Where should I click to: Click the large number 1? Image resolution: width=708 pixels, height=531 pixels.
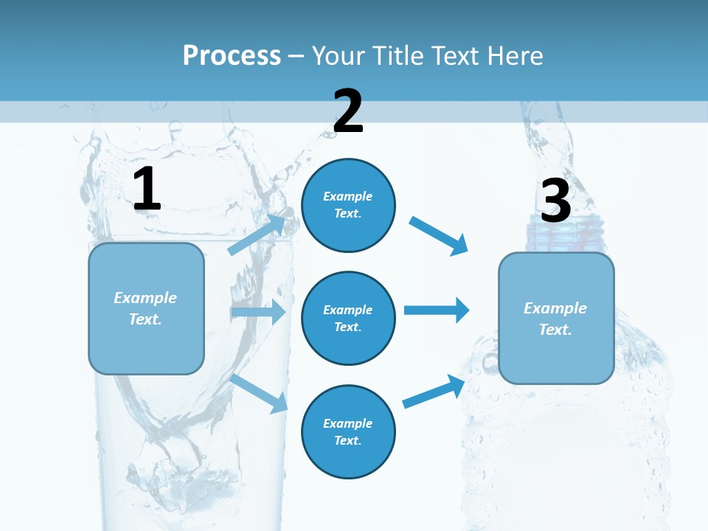pyautogui.click(x=147, y=190)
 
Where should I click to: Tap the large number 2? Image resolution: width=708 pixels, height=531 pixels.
pyautogui.click(x=348, y=111)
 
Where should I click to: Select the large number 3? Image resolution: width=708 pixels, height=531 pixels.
pyautogui.click(x=556, y=201)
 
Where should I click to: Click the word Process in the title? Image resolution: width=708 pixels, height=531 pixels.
pyautogui.click(x=232, y=55)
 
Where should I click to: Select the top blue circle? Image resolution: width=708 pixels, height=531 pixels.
pyautogui.click(x=348, y=205)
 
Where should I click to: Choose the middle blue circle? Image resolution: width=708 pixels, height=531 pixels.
pyautogui.click(x=348, y=318)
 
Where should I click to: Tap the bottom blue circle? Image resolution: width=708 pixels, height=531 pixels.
pyautogui.click(x=348, y=431)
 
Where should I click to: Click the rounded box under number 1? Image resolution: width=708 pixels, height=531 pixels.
pyautogui.click(x=146, y=308)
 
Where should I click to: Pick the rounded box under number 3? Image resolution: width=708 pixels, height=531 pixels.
pyautogui.click(x=556, y=318)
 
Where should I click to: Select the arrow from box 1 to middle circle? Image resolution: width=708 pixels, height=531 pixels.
pyautogui.click(x=258, y=312)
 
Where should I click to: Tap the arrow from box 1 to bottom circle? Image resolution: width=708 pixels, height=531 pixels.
pyautogui.click(x=259, y=393)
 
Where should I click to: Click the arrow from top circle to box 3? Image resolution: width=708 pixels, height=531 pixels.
pyautogui.click(x=438, y=235)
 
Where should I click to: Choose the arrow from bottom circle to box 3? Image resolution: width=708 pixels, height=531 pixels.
pyautogui.click(x=434, y=392)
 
